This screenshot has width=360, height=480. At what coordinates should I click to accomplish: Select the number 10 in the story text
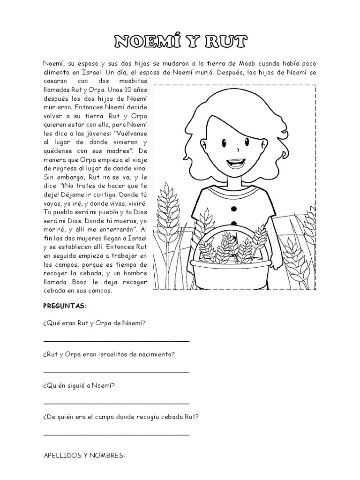coord(118,89)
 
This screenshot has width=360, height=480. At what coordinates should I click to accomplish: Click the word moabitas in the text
coord(134,81)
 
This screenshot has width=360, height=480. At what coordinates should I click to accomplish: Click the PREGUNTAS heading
coord(65,306)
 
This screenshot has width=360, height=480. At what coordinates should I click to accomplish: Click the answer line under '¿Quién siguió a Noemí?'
coord(116,403)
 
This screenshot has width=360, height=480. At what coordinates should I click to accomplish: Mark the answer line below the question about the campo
coord(116,434)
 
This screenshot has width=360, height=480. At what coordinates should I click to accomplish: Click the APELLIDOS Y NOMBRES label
coord(84,455)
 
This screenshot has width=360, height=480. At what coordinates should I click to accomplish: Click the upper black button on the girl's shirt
coord(234,208)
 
